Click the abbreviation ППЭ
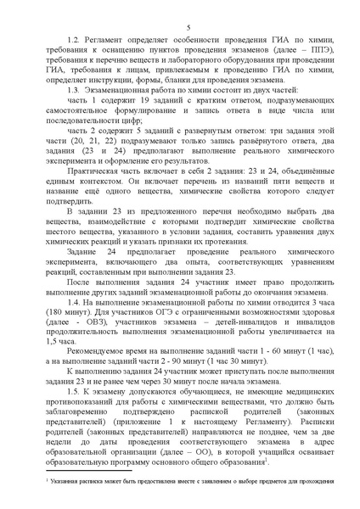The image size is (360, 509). [307, 54]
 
